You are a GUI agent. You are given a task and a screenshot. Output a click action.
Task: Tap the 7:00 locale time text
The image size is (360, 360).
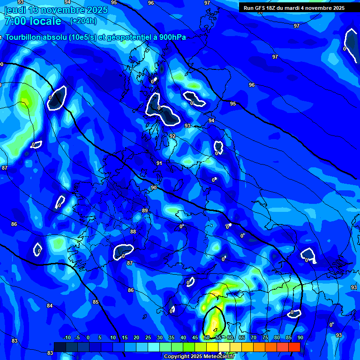(33, 21)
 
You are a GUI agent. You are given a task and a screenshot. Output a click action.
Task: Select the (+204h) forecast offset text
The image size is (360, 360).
(83, 21)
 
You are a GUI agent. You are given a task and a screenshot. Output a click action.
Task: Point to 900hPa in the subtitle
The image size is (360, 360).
(172, 37)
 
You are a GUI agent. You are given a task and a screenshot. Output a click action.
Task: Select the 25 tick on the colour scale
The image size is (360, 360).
(148, 338)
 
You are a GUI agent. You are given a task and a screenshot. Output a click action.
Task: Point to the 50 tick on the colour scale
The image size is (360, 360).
(207, 338)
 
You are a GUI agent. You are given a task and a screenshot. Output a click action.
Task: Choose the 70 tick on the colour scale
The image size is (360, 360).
(254, 338)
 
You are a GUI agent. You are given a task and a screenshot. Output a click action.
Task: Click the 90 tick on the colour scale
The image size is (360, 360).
(300, 338)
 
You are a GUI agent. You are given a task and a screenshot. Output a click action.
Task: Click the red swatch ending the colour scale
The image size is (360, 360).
(294, 347)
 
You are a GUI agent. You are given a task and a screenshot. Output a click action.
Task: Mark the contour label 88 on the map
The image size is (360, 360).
(133, 232)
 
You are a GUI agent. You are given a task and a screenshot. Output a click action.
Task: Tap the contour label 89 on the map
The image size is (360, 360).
(145, 210)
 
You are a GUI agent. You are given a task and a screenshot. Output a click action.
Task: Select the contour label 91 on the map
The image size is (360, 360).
(159, 163)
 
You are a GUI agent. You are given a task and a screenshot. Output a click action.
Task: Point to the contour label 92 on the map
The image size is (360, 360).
(172, 136)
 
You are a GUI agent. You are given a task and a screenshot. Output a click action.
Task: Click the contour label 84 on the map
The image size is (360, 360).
(50, 306)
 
